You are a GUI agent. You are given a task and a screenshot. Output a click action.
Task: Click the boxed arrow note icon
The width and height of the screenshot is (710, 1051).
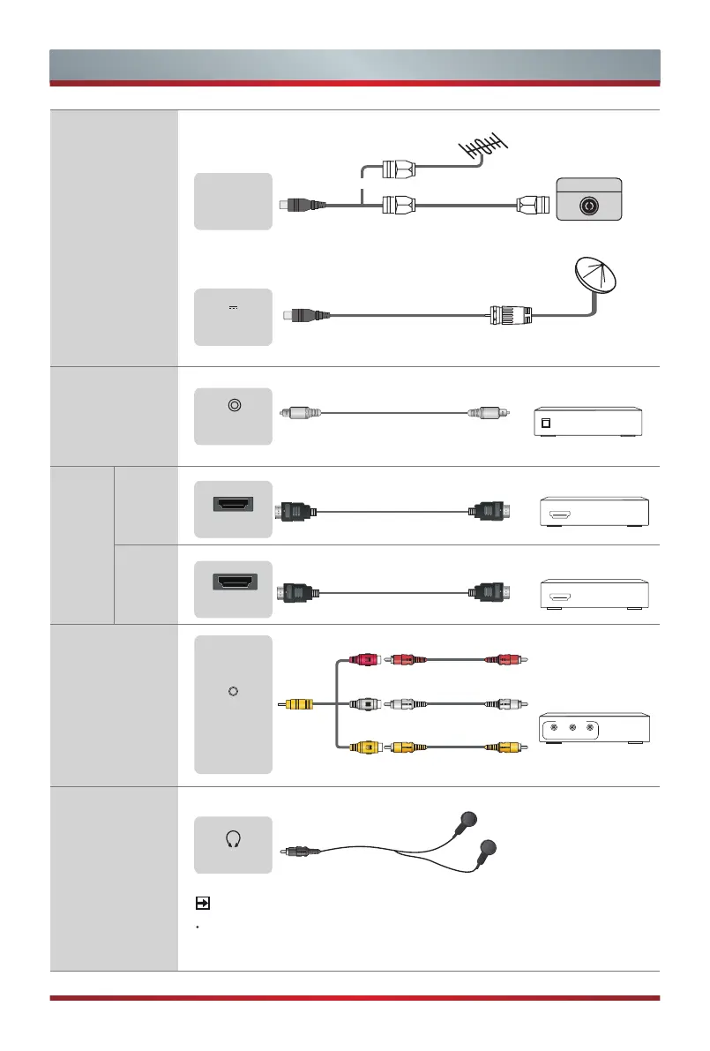pos(202,904)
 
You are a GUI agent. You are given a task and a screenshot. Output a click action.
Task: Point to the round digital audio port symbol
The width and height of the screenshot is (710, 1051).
pos(233,406)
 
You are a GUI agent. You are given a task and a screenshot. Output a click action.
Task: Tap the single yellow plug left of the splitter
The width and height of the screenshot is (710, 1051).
pos(298,705)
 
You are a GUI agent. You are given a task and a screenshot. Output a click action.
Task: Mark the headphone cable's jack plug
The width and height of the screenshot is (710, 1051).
pos(300,852)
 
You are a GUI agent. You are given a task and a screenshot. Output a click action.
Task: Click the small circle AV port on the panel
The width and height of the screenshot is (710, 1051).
pos(232,691)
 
